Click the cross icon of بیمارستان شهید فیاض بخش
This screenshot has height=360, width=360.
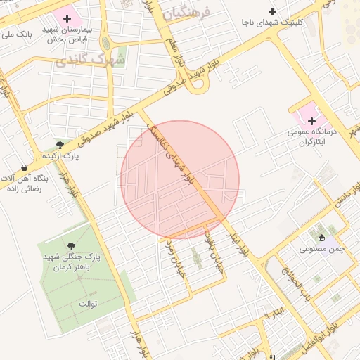pos(67,17)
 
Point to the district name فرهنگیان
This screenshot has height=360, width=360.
pos(190,13)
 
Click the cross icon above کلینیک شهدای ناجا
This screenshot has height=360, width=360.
pos(272,11)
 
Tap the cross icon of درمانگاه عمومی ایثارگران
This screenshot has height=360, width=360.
pos(311,121)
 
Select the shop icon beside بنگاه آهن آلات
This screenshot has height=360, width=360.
pos(25,167)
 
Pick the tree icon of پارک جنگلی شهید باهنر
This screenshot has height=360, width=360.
pos(71,245)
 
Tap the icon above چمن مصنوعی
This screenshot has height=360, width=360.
pos(322,238)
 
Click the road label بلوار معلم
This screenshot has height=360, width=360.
pos(176,54)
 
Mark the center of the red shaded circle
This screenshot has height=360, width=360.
pos(180,179)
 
